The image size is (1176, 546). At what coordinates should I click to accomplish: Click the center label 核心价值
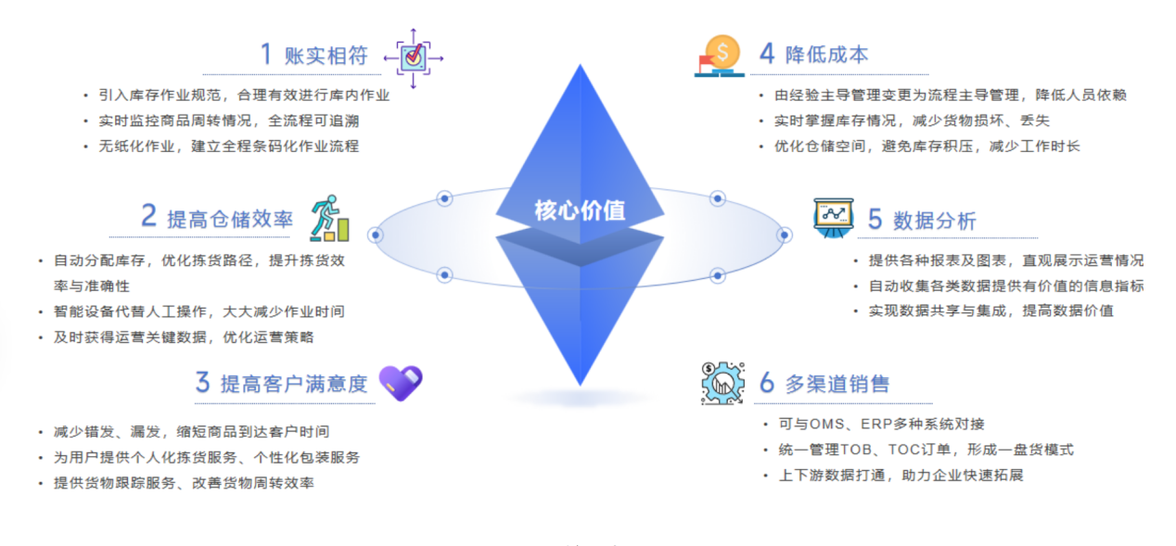click(580, 210)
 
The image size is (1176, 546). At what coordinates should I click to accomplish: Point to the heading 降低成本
click(826, 54)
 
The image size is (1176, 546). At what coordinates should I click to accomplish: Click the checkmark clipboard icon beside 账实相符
click(414, 57)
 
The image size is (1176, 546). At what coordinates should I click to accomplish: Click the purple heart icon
click(401, 382)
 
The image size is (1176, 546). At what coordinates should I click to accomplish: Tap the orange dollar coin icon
click(721, 54)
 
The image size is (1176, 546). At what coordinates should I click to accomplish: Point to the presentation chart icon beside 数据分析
click(832, 218)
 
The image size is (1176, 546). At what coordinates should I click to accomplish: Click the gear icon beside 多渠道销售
click(722, 382)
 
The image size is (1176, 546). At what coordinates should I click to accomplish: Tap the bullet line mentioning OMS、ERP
click(880, 424)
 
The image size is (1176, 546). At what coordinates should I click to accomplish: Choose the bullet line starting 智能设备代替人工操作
click(198, 311)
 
